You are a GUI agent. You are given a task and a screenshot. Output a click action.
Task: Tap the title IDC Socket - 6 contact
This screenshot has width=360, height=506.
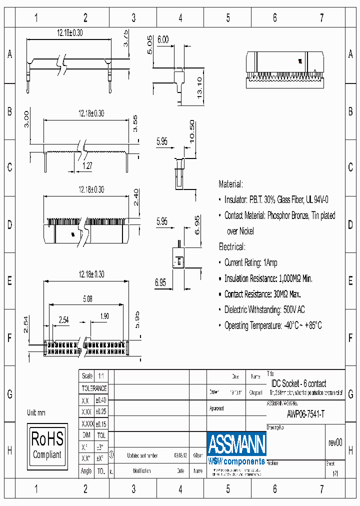pos(298,383)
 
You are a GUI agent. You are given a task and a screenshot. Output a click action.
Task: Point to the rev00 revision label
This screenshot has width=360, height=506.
pos(335,442)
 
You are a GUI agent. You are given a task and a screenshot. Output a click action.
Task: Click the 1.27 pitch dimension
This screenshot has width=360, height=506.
pos(87,165)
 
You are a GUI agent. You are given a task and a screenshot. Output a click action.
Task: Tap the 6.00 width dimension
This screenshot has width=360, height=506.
pos(163,39)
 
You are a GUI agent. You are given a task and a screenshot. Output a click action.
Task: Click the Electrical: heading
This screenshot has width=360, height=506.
pos(232,247)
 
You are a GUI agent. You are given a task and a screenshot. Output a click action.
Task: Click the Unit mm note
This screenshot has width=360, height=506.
pos(36,412)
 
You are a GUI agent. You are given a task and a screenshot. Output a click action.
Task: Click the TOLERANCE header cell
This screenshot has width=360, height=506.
pos(94,388)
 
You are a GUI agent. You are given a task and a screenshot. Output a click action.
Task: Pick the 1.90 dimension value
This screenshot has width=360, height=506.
pos(104,316)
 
